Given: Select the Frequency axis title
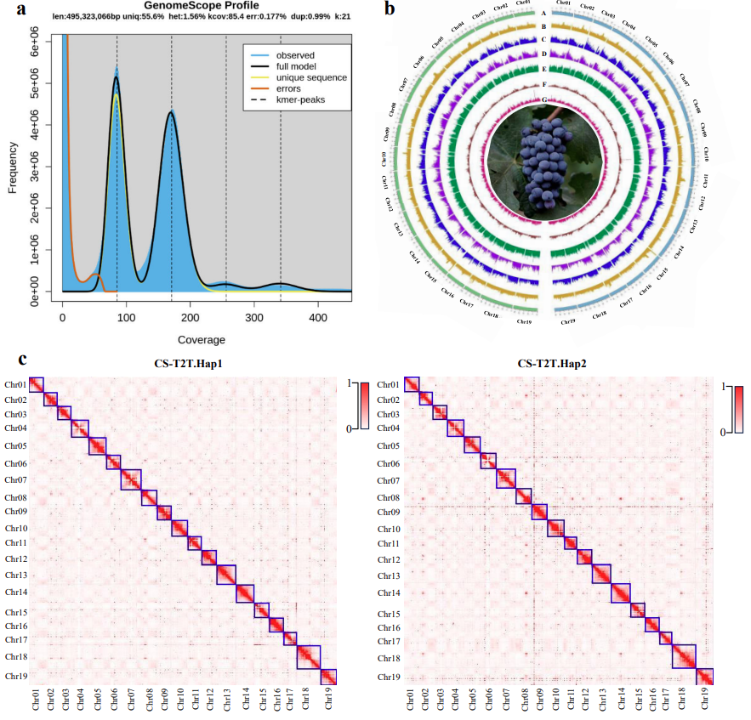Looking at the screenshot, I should (13, 164).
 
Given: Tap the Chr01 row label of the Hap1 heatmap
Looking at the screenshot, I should (14, 385).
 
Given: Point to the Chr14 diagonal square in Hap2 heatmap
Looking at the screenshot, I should (622, 593).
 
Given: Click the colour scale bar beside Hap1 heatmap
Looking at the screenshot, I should (363, 407).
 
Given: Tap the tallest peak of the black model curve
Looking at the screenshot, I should (117, 77).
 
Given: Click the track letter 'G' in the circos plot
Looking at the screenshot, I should (543, 100).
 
